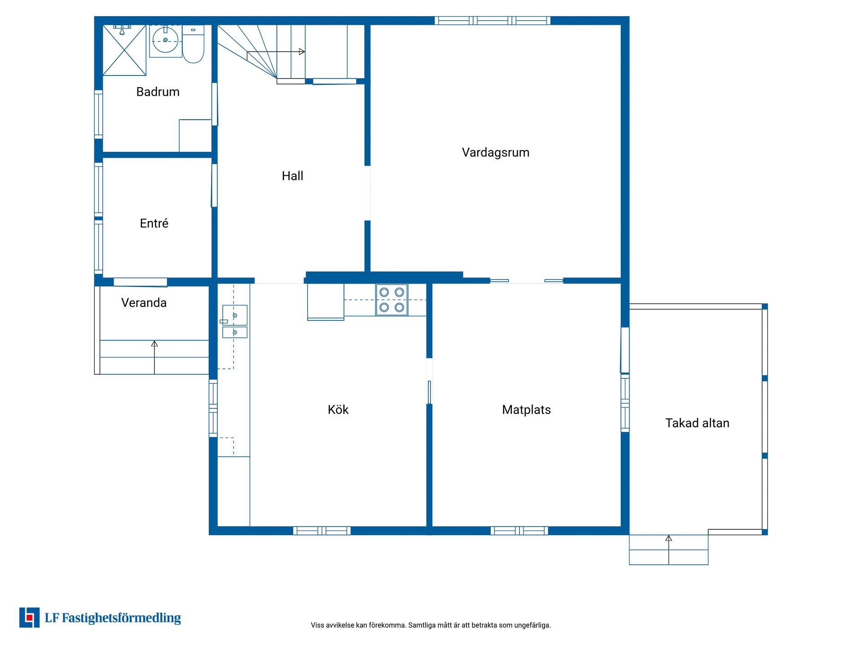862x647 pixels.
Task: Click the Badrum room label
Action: (x=158, y=92)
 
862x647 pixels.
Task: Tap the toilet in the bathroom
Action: (x=193, y=44)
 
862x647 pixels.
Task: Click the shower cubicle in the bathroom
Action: (x=124, y=50)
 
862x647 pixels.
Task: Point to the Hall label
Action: (x=292, y=176)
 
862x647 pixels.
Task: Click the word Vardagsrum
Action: (x=496, y=153)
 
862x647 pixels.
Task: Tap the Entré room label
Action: (x=154, y=223)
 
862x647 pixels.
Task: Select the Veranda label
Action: (x=144, y=303)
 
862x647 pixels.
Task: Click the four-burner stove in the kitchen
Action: (x=391, y=300)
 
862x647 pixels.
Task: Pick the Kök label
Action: (x=338, y=409)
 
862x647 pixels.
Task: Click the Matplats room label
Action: (x=526, y=410)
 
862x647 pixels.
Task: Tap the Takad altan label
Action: (x=697, y=423)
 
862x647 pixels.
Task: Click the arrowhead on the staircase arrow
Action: (x=302, y=52)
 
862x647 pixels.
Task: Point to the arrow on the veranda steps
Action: (x=154, y=357)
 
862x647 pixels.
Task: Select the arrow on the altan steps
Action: (x=668, y=550)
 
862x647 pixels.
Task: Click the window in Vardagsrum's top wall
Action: (x=493, y=20)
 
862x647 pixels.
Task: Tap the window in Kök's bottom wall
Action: (x=322, y=531)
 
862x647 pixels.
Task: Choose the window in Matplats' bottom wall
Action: (x=519, y=531)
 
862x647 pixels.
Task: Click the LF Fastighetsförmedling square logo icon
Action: (x=29, y=618)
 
